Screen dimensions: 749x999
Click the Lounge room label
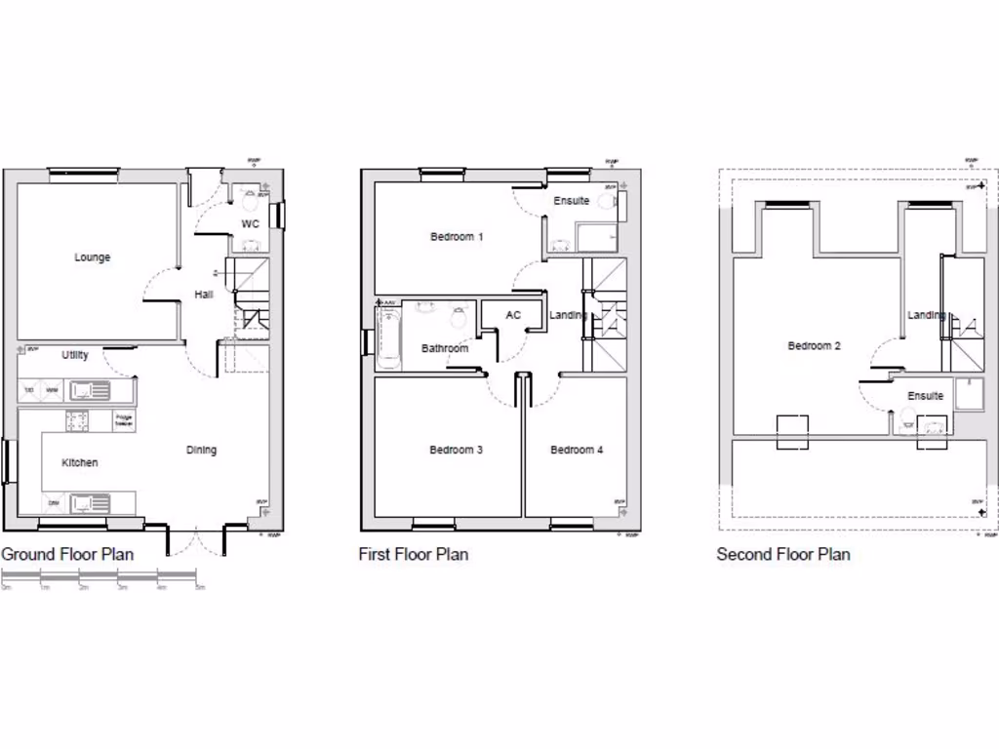pos(93,257)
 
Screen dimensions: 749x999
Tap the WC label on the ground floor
pos(250,224)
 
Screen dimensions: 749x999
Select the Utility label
pos(75,355)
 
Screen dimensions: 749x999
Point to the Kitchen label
pos(80,462)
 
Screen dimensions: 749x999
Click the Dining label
pos(202,450)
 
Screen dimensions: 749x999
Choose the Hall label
pos(203,295)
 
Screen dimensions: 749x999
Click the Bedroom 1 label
pos(457,236)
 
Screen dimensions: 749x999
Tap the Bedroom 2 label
pos(814,345)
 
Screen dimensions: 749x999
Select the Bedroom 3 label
pos(456,450)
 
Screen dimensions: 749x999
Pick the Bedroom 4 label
pos(577,450)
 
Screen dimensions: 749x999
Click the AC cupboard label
pos(513,315)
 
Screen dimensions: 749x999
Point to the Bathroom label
pos(445,348)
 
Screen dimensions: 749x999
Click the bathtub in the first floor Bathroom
pos(387,335)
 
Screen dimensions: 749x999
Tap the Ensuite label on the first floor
pos(572,201)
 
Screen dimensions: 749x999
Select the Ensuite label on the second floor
pos(925,396)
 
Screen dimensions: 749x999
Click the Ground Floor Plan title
pos(67,554)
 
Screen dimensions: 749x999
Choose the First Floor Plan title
pos(414,554)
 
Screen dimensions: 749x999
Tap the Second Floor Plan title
pos(783,554)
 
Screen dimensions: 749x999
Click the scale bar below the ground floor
pos(103,580)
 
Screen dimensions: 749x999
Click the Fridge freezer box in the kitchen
pos(124,421)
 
